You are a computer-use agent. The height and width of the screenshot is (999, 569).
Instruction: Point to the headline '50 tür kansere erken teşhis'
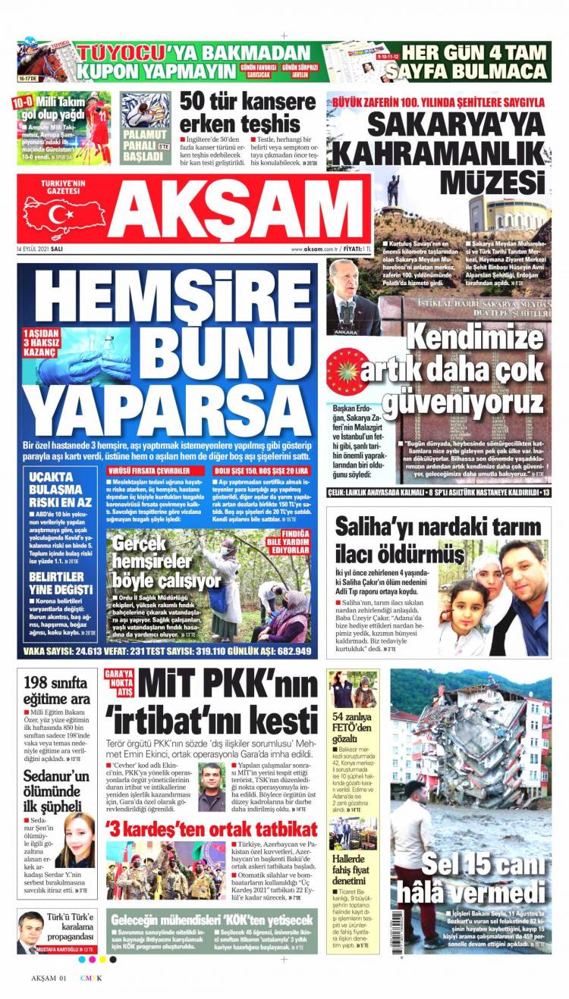tap(248, 111)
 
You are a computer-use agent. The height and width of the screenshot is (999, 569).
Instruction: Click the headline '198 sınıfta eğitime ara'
tap(57, 691)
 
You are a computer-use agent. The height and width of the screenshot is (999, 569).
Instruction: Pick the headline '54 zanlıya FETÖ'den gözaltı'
tap(351, 728)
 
